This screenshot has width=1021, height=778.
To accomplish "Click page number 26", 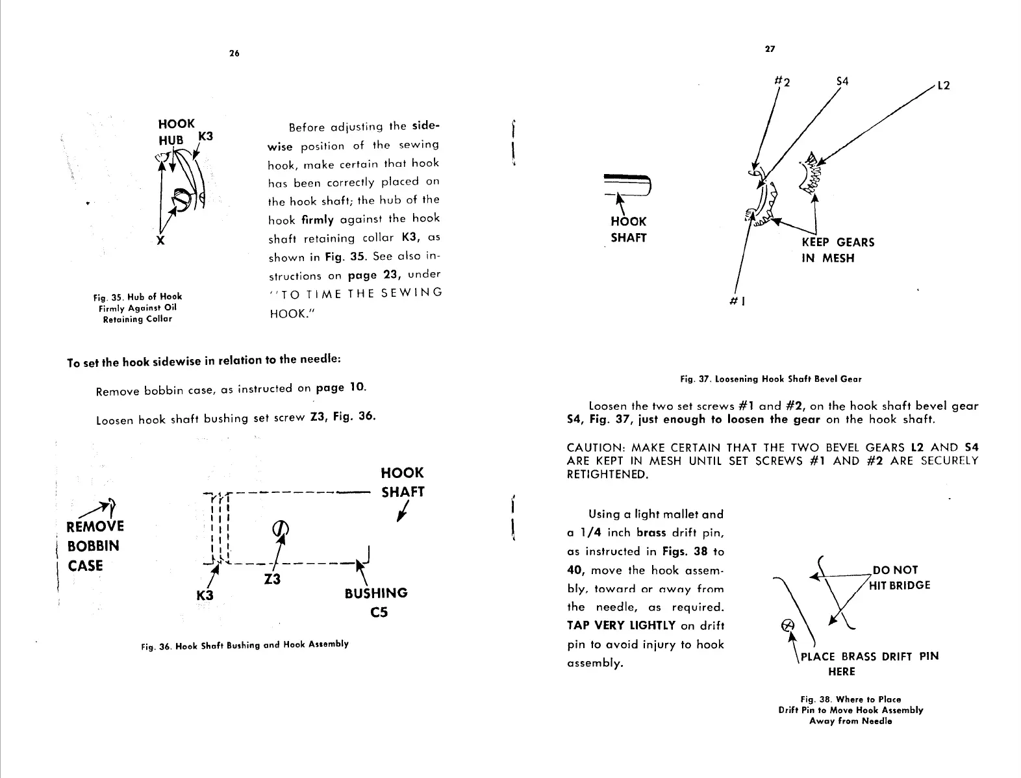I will (x=234, y=54).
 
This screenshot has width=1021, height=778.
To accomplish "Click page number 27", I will (x=770, y=49).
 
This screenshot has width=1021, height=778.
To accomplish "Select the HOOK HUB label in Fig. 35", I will (x=176, y=132).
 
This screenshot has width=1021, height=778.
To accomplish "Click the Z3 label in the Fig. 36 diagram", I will (x=273, y=579).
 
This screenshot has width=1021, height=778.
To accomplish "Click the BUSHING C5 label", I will (x=376, y=602).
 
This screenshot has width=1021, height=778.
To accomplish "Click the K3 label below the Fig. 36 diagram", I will (x=205, y=595).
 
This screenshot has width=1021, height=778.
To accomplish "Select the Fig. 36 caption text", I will (x=244, y=645).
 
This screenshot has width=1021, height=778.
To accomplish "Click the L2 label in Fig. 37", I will (x=942, y=86).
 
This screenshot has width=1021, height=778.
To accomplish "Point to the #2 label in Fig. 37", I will (x=783, y=82).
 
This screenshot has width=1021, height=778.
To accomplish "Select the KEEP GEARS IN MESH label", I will (x=838, y=250).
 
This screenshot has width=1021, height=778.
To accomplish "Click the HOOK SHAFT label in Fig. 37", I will (x=629, y=229).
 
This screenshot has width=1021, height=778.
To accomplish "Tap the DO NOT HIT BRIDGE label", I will (x=901, y=577).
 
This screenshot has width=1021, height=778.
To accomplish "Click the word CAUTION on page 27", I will (x=595, y=447).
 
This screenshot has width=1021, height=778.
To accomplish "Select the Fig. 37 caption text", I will (x=770, y=379).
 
